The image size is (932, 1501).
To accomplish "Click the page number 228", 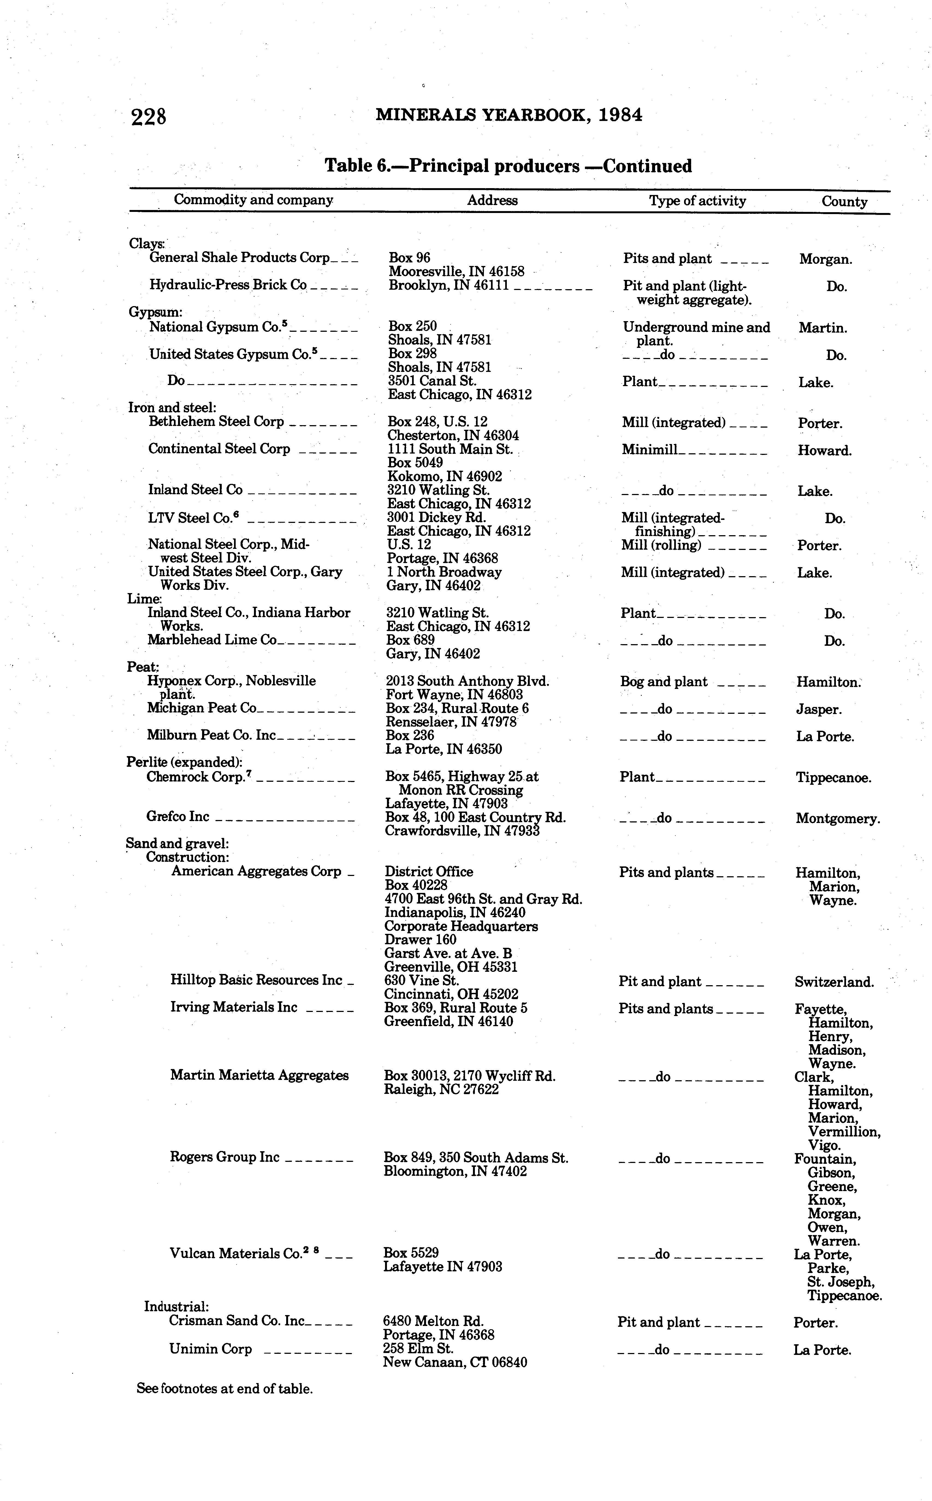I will (x=149, y=116).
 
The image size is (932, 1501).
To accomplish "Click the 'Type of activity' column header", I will (x=697, y=201).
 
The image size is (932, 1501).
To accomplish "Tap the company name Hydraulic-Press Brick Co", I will (x=228, y=285).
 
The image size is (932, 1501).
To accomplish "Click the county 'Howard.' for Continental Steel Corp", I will (x=824, y=451).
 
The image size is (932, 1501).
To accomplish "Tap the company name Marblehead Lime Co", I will (x=212, y=640).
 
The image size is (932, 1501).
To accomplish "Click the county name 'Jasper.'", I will (x=818, y=709).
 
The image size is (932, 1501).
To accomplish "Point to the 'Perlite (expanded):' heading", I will (x=184, y=762).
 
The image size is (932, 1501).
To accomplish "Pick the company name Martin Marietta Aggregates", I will (x=259, y=1075).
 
